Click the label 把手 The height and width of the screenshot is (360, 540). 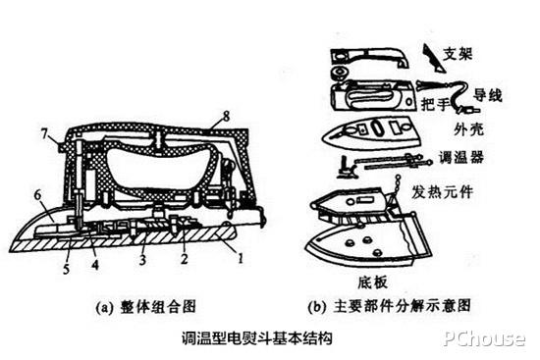click(x=435, y=102)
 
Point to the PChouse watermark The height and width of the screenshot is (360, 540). click(x=485, y=339)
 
